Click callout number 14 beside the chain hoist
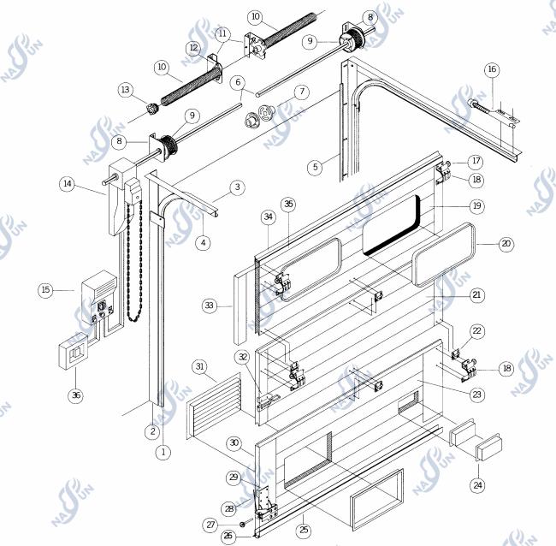(67, 183)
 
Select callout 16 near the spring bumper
(491, 69)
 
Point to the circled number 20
(506, 244)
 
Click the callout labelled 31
(198, 367)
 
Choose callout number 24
(476, 484)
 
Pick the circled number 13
(127, 90)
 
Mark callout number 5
(315, 166)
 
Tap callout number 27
(210, 525)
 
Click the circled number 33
(210, 304)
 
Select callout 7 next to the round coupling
(300, 92)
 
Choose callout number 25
(304, 530)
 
